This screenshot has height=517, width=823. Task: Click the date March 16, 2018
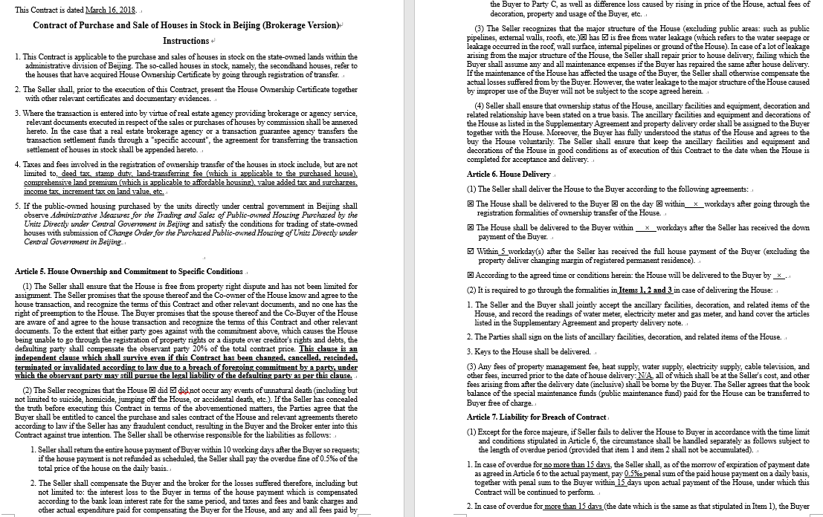pyautogui.click(x=111, y=10)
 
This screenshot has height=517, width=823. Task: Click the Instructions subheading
pyautogui.click(x=186, y=41)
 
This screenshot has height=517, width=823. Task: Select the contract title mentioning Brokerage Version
pyautogui.click(x=185, y=25)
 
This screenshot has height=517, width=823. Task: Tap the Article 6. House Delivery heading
pyautogui.click(x=509, y=174)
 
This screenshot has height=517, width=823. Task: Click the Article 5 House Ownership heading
pyautogui.click(x=129, y=271)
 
